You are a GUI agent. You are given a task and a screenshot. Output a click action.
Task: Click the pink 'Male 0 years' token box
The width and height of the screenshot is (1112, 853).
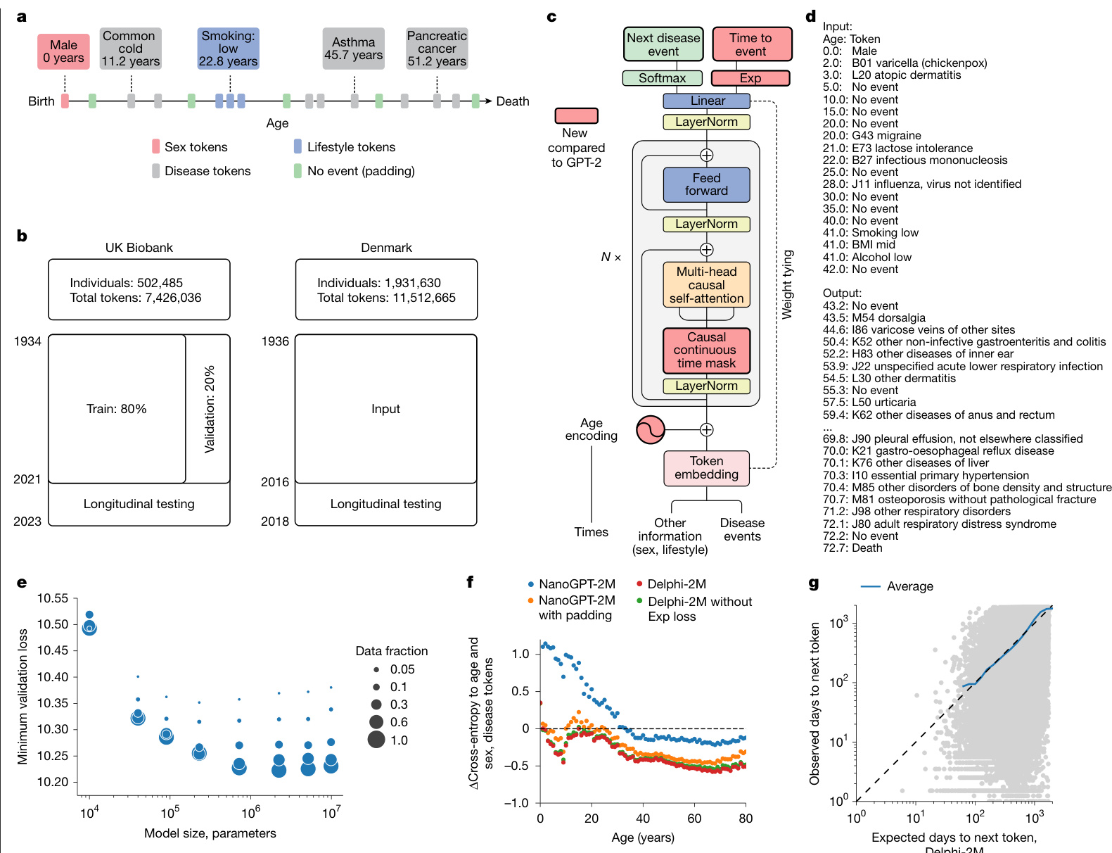[x=63, y=51]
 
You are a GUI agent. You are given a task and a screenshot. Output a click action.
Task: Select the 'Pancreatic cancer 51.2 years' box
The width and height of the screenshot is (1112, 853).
[x=437, y=49]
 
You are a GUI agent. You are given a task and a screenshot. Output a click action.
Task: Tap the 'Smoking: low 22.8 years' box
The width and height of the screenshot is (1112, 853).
[x=228, y=49]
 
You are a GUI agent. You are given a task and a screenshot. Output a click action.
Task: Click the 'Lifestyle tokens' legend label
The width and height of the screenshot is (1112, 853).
[x=351, y=147]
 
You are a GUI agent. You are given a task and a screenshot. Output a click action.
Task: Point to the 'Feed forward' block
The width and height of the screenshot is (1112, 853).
[x=706, y=184]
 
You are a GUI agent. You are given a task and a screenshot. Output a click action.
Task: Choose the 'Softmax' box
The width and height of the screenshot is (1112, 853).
[x=662, y=78]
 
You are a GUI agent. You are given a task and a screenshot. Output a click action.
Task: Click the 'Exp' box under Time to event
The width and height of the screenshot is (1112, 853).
[x=750, y=78]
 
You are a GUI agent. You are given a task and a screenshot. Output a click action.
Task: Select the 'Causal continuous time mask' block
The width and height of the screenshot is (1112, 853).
[x=706, y=350]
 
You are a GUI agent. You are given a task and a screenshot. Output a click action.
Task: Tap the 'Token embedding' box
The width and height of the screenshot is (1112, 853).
[x=706, y=468]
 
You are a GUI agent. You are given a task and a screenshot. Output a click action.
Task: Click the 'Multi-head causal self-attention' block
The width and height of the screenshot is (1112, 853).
[x=706, y=285]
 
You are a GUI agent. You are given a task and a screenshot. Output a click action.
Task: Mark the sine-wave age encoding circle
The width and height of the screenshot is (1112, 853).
[x=651, y=429]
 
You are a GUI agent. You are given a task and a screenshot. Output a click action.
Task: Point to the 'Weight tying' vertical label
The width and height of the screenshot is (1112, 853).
[x=788, y=284]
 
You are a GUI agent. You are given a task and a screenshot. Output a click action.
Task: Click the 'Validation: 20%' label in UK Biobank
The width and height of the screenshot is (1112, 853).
[x=209, y=409]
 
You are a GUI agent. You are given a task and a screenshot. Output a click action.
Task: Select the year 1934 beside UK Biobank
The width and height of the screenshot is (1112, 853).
[x=27, y=341]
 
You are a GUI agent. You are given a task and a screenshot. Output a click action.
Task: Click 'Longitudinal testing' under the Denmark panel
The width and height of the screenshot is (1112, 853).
[x=385, y=504]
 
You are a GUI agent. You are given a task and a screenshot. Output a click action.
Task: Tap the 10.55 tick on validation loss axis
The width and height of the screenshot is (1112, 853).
[x=53, y=598]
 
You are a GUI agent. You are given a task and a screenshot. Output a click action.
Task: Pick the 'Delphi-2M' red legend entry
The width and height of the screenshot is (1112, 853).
[x=676, y=584]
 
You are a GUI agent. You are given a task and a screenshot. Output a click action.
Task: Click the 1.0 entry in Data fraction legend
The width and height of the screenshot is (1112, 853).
[x=399, y=740]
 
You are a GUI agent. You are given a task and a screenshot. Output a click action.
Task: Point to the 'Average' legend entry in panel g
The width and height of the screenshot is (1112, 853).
[x=909, y=586]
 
